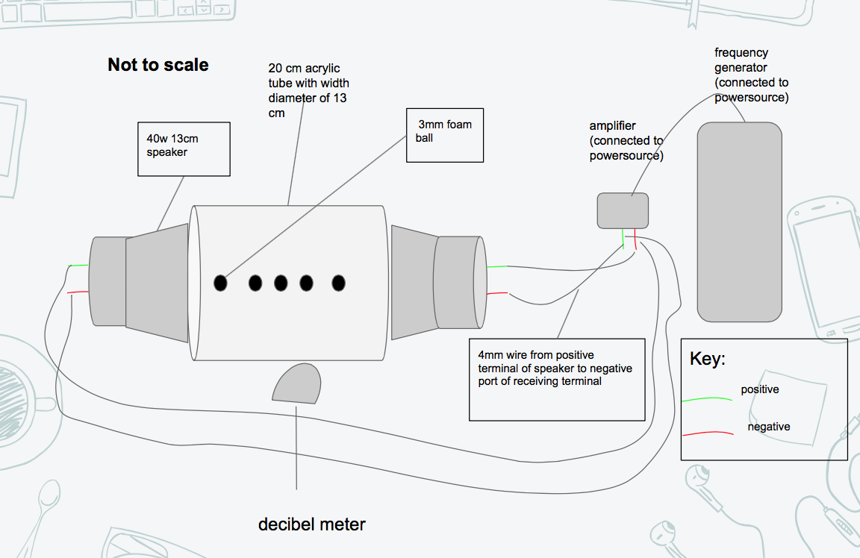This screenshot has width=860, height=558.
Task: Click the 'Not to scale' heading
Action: (x=158, y=65)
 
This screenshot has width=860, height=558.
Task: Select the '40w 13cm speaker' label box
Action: (x=184, y=149)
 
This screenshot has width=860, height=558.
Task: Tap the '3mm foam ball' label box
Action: (x=444, y=135)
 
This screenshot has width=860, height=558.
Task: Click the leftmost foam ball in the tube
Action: (x=220, y=283)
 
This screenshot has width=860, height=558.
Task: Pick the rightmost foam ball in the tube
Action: (x=338, y=283)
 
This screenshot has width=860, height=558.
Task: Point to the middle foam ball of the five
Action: (x=281, y=283)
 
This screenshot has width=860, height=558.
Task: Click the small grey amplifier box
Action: (x=623, y=210)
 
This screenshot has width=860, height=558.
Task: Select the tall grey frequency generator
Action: (x=739, y=222)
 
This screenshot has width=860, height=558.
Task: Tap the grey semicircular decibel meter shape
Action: (x=295, y=383)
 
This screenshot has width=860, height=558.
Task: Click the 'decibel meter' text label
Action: (x=312, y=524)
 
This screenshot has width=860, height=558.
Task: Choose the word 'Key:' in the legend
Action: (x=707, y=359)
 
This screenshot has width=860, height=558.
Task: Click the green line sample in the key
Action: (x=707, y=400)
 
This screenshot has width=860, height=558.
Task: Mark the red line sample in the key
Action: (x=707, y=433)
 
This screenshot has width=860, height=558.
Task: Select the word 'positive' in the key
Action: (x=760, y=389)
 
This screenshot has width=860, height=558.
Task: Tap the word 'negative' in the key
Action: (x=769, y=427)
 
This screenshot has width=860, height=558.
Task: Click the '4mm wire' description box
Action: (x=557, y=380)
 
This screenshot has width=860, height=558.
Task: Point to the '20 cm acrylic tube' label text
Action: (x=308, y=90)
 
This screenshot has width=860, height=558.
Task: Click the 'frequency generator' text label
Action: (x=751, y=75)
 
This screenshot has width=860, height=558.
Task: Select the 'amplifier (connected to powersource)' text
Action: (x=626, y=141)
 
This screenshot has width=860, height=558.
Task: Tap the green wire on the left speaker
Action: (x=78, y=266)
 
